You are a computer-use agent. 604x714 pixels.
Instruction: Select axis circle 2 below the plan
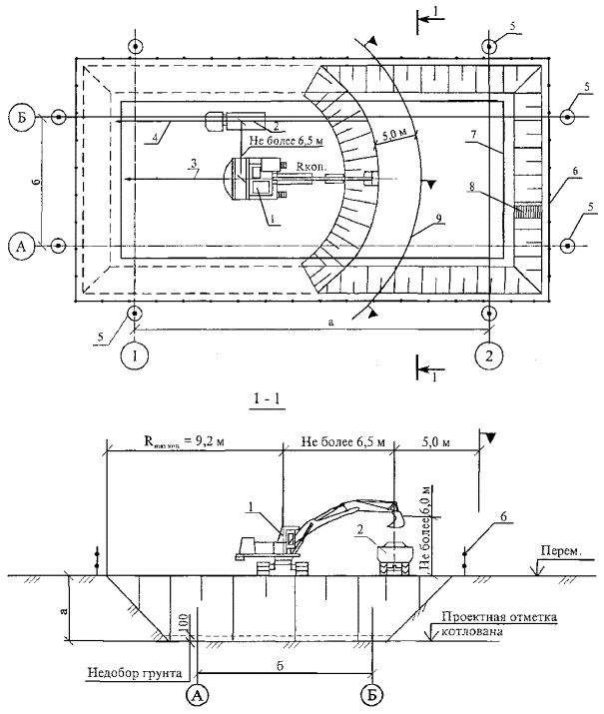point(487,353)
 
